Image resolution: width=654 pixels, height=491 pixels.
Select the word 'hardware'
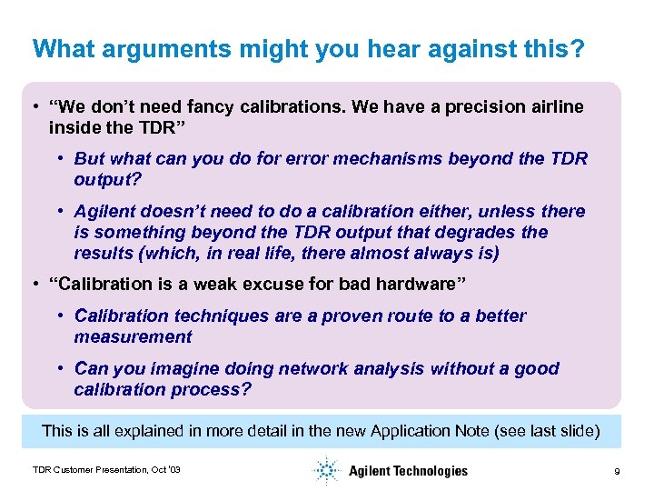pos(416,285)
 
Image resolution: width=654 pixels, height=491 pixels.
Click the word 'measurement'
pos(133,337)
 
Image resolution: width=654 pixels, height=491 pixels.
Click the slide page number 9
pos(617,471)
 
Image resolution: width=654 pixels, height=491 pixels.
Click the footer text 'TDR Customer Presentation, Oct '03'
pos(106,470)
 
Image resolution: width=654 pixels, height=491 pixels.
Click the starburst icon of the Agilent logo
pos(325,470)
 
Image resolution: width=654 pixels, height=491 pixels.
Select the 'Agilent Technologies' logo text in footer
pos(408,471)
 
